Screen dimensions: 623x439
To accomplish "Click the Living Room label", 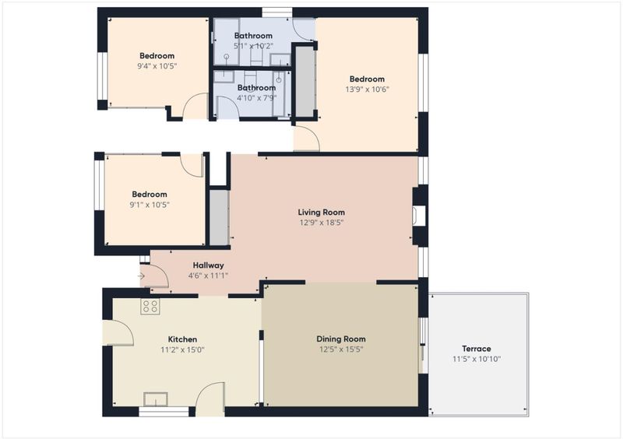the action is coord(322,212).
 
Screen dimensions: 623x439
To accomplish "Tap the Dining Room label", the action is coord(341,339).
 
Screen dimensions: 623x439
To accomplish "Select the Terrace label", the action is coord(477,349).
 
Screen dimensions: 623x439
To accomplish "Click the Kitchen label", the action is coord(182,339).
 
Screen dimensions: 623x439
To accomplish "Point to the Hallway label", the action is coord(208,265).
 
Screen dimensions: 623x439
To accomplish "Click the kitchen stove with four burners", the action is coord(150,307).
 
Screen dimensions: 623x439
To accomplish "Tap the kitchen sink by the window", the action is coord(155,399).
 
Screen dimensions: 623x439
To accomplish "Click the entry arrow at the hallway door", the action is coord(141,276).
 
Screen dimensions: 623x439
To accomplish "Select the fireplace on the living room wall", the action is coord(418,216).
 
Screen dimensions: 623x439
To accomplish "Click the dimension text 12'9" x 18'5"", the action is coord(322,223).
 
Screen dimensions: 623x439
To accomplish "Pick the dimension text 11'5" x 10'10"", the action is coord(477,359).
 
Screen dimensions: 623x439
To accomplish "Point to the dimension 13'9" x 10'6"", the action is coord(367,90).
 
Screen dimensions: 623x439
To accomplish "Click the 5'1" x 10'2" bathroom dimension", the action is coord(253,46).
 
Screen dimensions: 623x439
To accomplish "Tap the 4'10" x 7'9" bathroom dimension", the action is coord(256,98).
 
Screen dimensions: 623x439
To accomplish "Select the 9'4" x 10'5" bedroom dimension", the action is coord(157,66).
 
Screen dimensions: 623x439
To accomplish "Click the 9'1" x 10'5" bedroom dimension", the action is coord(150,205).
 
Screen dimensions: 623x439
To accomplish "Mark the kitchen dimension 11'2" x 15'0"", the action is coord(182,350).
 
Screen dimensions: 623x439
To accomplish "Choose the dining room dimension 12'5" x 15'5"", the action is coord(341,349).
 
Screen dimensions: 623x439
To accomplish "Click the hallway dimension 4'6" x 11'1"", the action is coord(208,276).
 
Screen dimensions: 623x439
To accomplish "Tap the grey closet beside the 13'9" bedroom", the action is coord(305,82).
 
